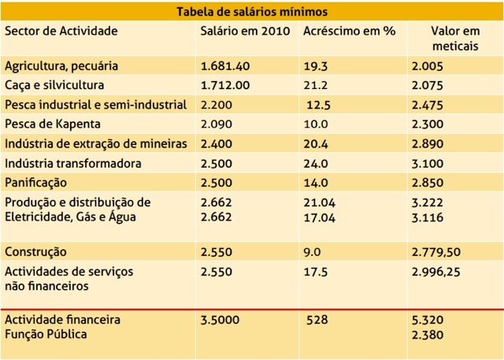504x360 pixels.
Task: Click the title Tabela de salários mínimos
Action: (253, 12)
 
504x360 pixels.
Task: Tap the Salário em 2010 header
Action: (246, 31)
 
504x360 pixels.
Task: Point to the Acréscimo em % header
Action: (349, 31)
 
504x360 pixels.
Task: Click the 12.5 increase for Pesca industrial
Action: (320, 105)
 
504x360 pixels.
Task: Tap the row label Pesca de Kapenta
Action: (53, 124)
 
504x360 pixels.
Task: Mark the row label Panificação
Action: (39, 182)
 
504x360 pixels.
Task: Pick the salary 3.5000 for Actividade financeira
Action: (224, 321)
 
